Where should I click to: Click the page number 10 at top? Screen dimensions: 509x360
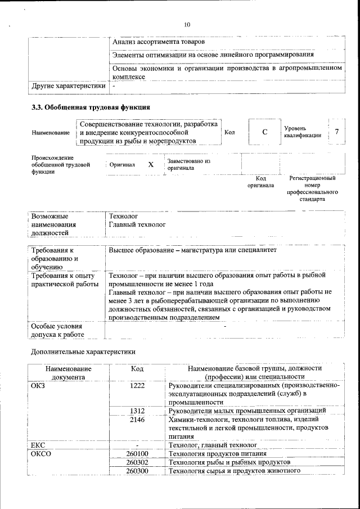coord(187,25)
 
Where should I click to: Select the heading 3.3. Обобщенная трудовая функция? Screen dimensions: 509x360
coord(90,107)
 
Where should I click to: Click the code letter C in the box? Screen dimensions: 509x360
coord(264,132)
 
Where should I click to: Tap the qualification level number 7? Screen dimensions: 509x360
coord(336,132)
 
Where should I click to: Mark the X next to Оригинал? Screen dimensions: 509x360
coord(151,165)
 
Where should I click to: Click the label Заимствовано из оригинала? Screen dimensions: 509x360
coord(188,164)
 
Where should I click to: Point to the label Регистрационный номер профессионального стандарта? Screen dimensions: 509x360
coord(312,188)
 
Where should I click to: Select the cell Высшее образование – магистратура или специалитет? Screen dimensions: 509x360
coord(193,250)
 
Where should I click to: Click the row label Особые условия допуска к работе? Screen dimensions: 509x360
coord(57,330)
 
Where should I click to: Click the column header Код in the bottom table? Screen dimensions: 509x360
coord(137,368)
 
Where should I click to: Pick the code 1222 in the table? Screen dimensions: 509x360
coord(137,385)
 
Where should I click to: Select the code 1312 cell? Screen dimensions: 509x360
coord(137,411)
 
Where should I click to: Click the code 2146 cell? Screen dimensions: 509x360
coord(137,420)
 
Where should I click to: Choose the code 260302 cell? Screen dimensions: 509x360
coord(137,462)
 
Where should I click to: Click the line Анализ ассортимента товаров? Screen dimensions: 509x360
coord(159,42)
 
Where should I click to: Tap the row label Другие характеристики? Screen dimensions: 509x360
coord(68,87)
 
